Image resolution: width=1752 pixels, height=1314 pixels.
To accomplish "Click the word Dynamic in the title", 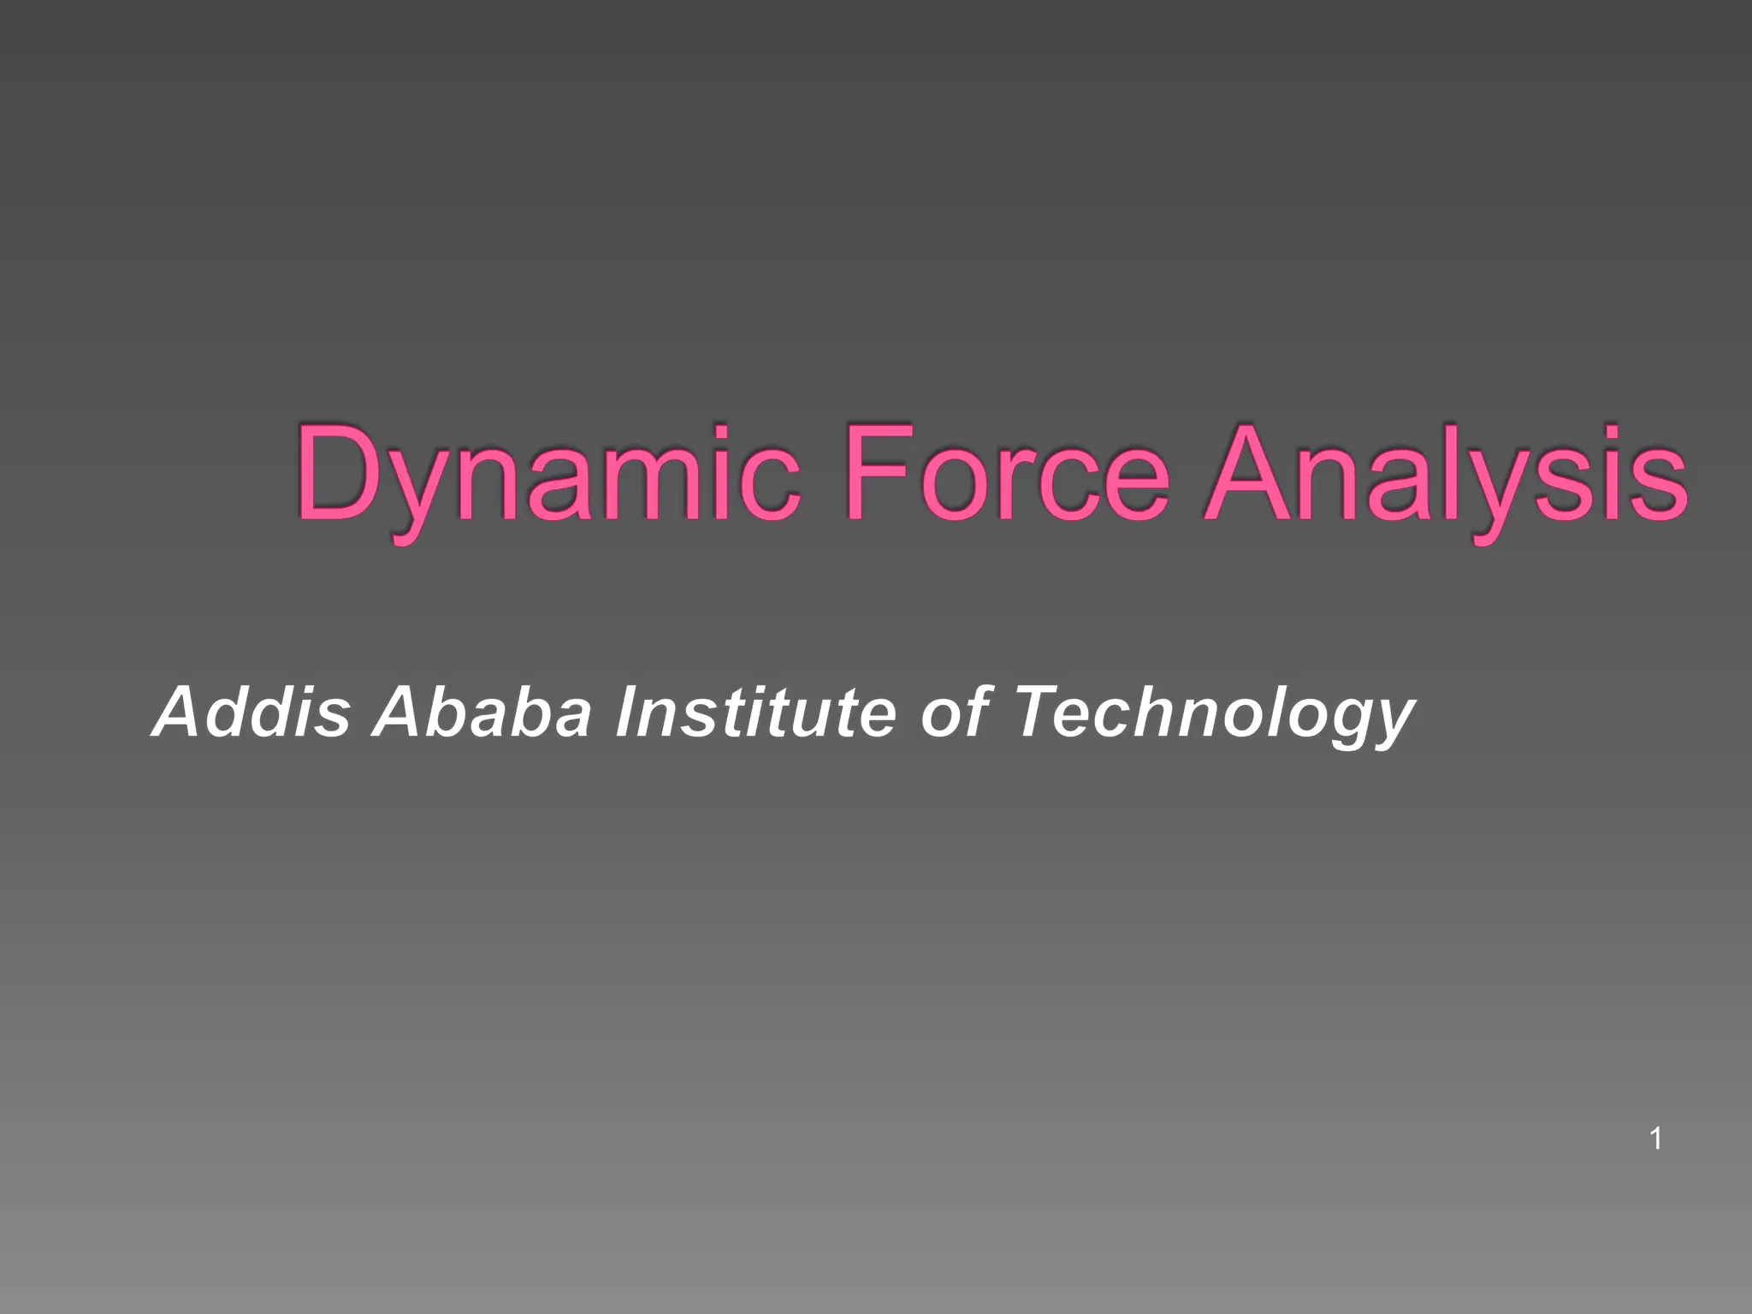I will point(547,475).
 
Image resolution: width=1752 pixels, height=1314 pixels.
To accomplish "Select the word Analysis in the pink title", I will point(1446,475).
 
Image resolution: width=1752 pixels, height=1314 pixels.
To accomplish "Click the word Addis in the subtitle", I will point(252,712).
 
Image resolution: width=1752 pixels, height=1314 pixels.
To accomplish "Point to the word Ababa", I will point(482,712).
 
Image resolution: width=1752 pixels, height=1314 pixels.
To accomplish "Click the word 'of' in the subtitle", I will point(955,712).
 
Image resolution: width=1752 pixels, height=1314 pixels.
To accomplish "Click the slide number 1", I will point(1655,1139).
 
